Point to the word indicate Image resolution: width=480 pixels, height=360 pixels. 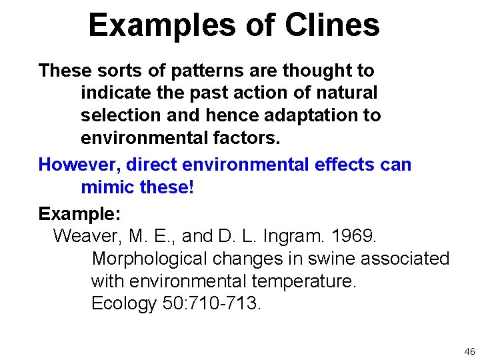[117, 93]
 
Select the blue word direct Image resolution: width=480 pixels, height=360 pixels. [151, 165]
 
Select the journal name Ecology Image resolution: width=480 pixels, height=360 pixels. [123, 304]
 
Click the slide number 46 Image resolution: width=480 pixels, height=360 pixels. [469, 351]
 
